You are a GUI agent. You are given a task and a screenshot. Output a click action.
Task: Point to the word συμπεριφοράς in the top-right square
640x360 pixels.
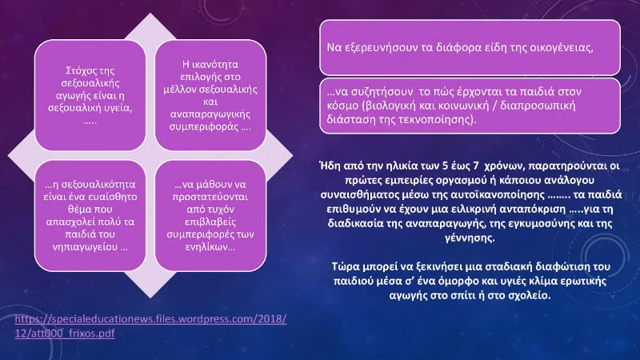coord(204,127)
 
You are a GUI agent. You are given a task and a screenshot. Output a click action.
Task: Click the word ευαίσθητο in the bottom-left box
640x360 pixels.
coord(114,197)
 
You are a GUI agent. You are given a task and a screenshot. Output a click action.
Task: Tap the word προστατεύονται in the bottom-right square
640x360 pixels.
coord(210,197)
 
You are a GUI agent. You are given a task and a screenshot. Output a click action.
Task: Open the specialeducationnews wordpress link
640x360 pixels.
coord(150,326)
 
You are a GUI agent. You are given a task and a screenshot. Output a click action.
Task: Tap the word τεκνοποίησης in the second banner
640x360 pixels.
coord(442,119)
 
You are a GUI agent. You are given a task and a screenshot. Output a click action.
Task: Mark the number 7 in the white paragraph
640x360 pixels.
coord(475,166)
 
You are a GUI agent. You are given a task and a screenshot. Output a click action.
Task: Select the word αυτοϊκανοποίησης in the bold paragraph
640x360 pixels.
coord(497,194)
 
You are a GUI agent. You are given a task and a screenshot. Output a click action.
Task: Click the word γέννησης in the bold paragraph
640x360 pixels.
coord(469,238)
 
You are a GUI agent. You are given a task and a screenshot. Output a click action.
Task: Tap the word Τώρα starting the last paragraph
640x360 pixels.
coord(344,266)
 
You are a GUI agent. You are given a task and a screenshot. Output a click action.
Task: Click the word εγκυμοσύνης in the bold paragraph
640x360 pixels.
coord(537,224)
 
